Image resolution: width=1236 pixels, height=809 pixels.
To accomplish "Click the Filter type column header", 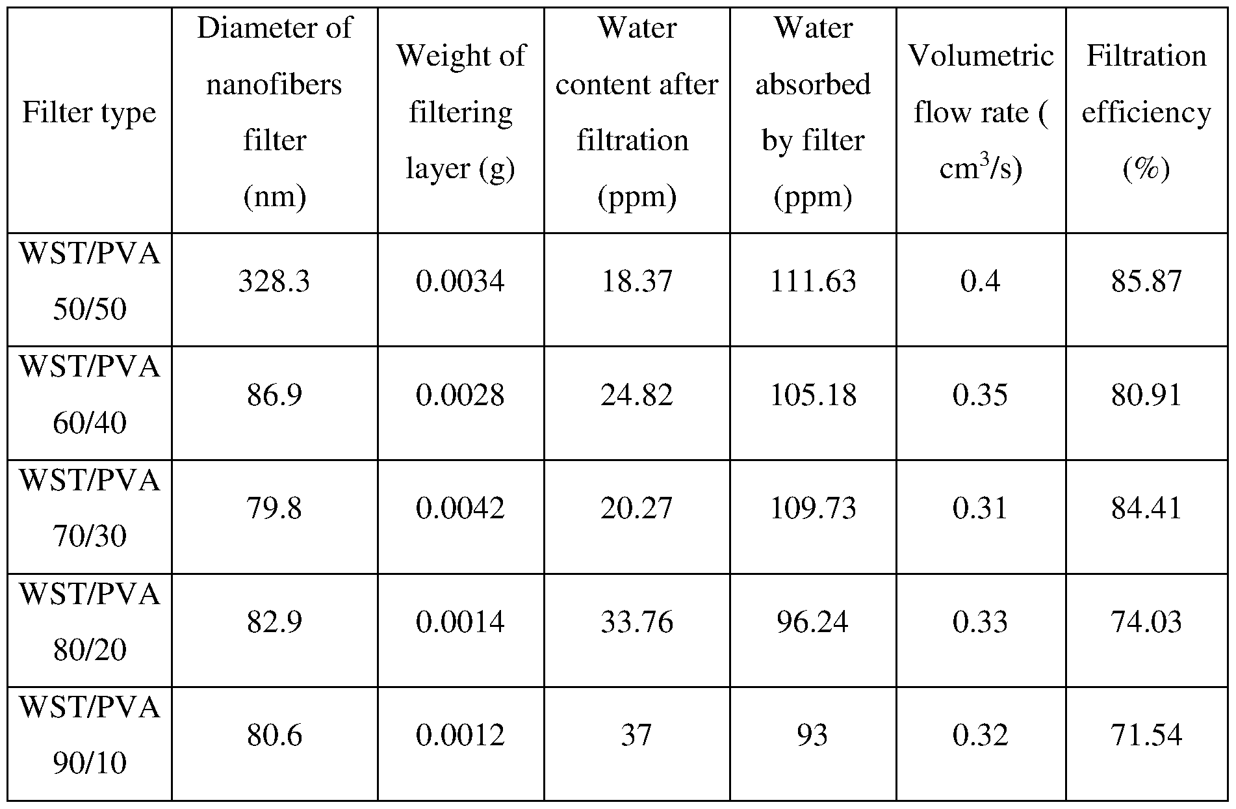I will coord(90,113).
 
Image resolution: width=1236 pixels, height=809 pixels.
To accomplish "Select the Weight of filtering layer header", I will coord(460,112).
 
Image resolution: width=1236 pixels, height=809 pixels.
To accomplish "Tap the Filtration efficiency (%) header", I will coord(1146,112).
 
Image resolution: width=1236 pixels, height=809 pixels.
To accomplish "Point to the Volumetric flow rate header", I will coord(981,112).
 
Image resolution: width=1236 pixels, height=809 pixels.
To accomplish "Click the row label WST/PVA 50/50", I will coord(90,280).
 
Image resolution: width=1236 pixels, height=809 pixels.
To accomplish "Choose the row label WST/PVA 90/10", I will coord(90,734).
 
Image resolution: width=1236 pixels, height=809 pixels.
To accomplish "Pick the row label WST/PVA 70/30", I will coord(90,508).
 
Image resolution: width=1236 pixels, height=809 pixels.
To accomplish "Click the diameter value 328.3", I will coord(274,282).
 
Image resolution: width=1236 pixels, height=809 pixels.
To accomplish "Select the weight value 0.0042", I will coord(460,508).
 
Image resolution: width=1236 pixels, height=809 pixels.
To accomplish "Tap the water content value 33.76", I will coord(636,622).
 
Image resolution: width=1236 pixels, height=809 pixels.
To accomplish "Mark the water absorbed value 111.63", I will coord(813,282).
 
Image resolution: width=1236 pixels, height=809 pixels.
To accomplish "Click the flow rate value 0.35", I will coord(980,395).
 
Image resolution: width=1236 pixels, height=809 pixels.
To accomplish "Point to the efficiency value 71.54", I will coord(1146,735).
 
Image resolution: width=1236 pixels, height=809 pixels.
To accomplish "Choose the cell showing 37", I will coord(636,735).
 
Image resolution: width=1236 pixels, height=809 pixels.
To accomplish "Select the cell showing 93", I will coord(812,735).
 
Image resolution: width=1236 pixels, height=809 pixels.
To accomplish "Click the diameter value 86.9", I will coord(274,395).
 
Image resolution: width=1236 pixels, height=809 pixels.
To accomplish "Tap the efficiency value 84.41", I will coord(1146,508).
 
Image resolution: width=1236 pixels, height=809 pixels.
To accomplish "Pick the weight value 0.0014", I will coord(460,622).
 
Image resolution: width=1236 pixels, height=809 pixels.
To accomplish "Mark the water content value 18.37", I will coord(636,282).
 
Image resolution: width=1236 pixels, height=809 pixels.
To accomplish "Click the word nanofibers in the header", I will coord(274,85).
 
